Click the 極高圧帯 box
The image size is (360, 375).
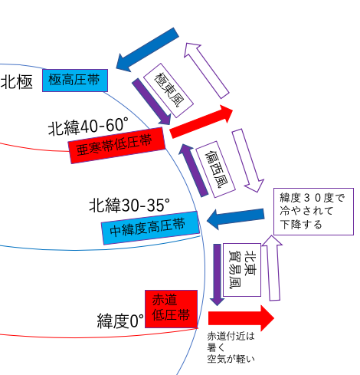tap(75, 80)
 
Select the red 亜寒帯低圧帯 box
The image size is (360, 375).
tap(116, 145)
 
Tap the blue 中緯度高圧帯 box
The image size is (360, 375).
tap(150, 228)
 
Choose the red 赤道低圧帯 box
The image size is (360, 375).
tap(171, 309)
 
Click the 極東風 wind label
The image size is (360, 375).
tap(169, 90)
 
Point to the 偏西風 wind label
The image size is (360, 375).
tap(215, 169)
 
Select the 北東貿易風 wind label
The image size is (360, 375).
tap(242, 270)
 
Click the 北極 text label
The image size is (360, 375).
tap(17, 82)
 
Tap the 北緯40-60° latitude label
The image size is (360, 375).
tap(88, 126)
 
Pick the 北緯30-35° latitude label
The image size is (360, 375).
tap(129, 205)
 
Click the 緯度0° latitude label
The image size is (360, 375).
tap(120, 321)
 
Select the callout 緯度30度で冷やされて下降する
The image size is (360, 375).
tap(313, 212)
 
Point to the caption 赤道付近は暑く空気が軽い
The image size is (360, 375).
tap(231, 347)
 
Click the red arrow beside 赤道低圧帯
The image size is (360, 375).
tap(241, 318)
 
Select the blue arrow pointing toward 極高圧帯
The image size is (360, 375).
tap(148, 50)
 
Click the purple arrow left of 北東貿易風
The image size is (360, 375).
tap(217, 275)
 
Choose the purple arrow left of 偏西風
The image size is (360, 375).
tap(193, 170)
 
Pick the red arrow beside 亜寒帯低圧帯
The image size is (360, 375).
tap(201, 122)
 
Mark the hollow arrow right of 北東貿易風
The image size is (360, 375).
tap(273, 268)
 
